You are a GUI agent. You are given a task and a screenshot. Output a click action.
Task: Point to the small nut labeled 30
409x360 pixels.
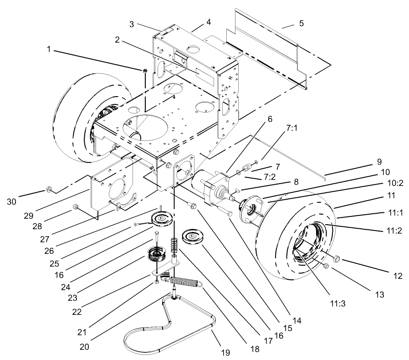[48, 189]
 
